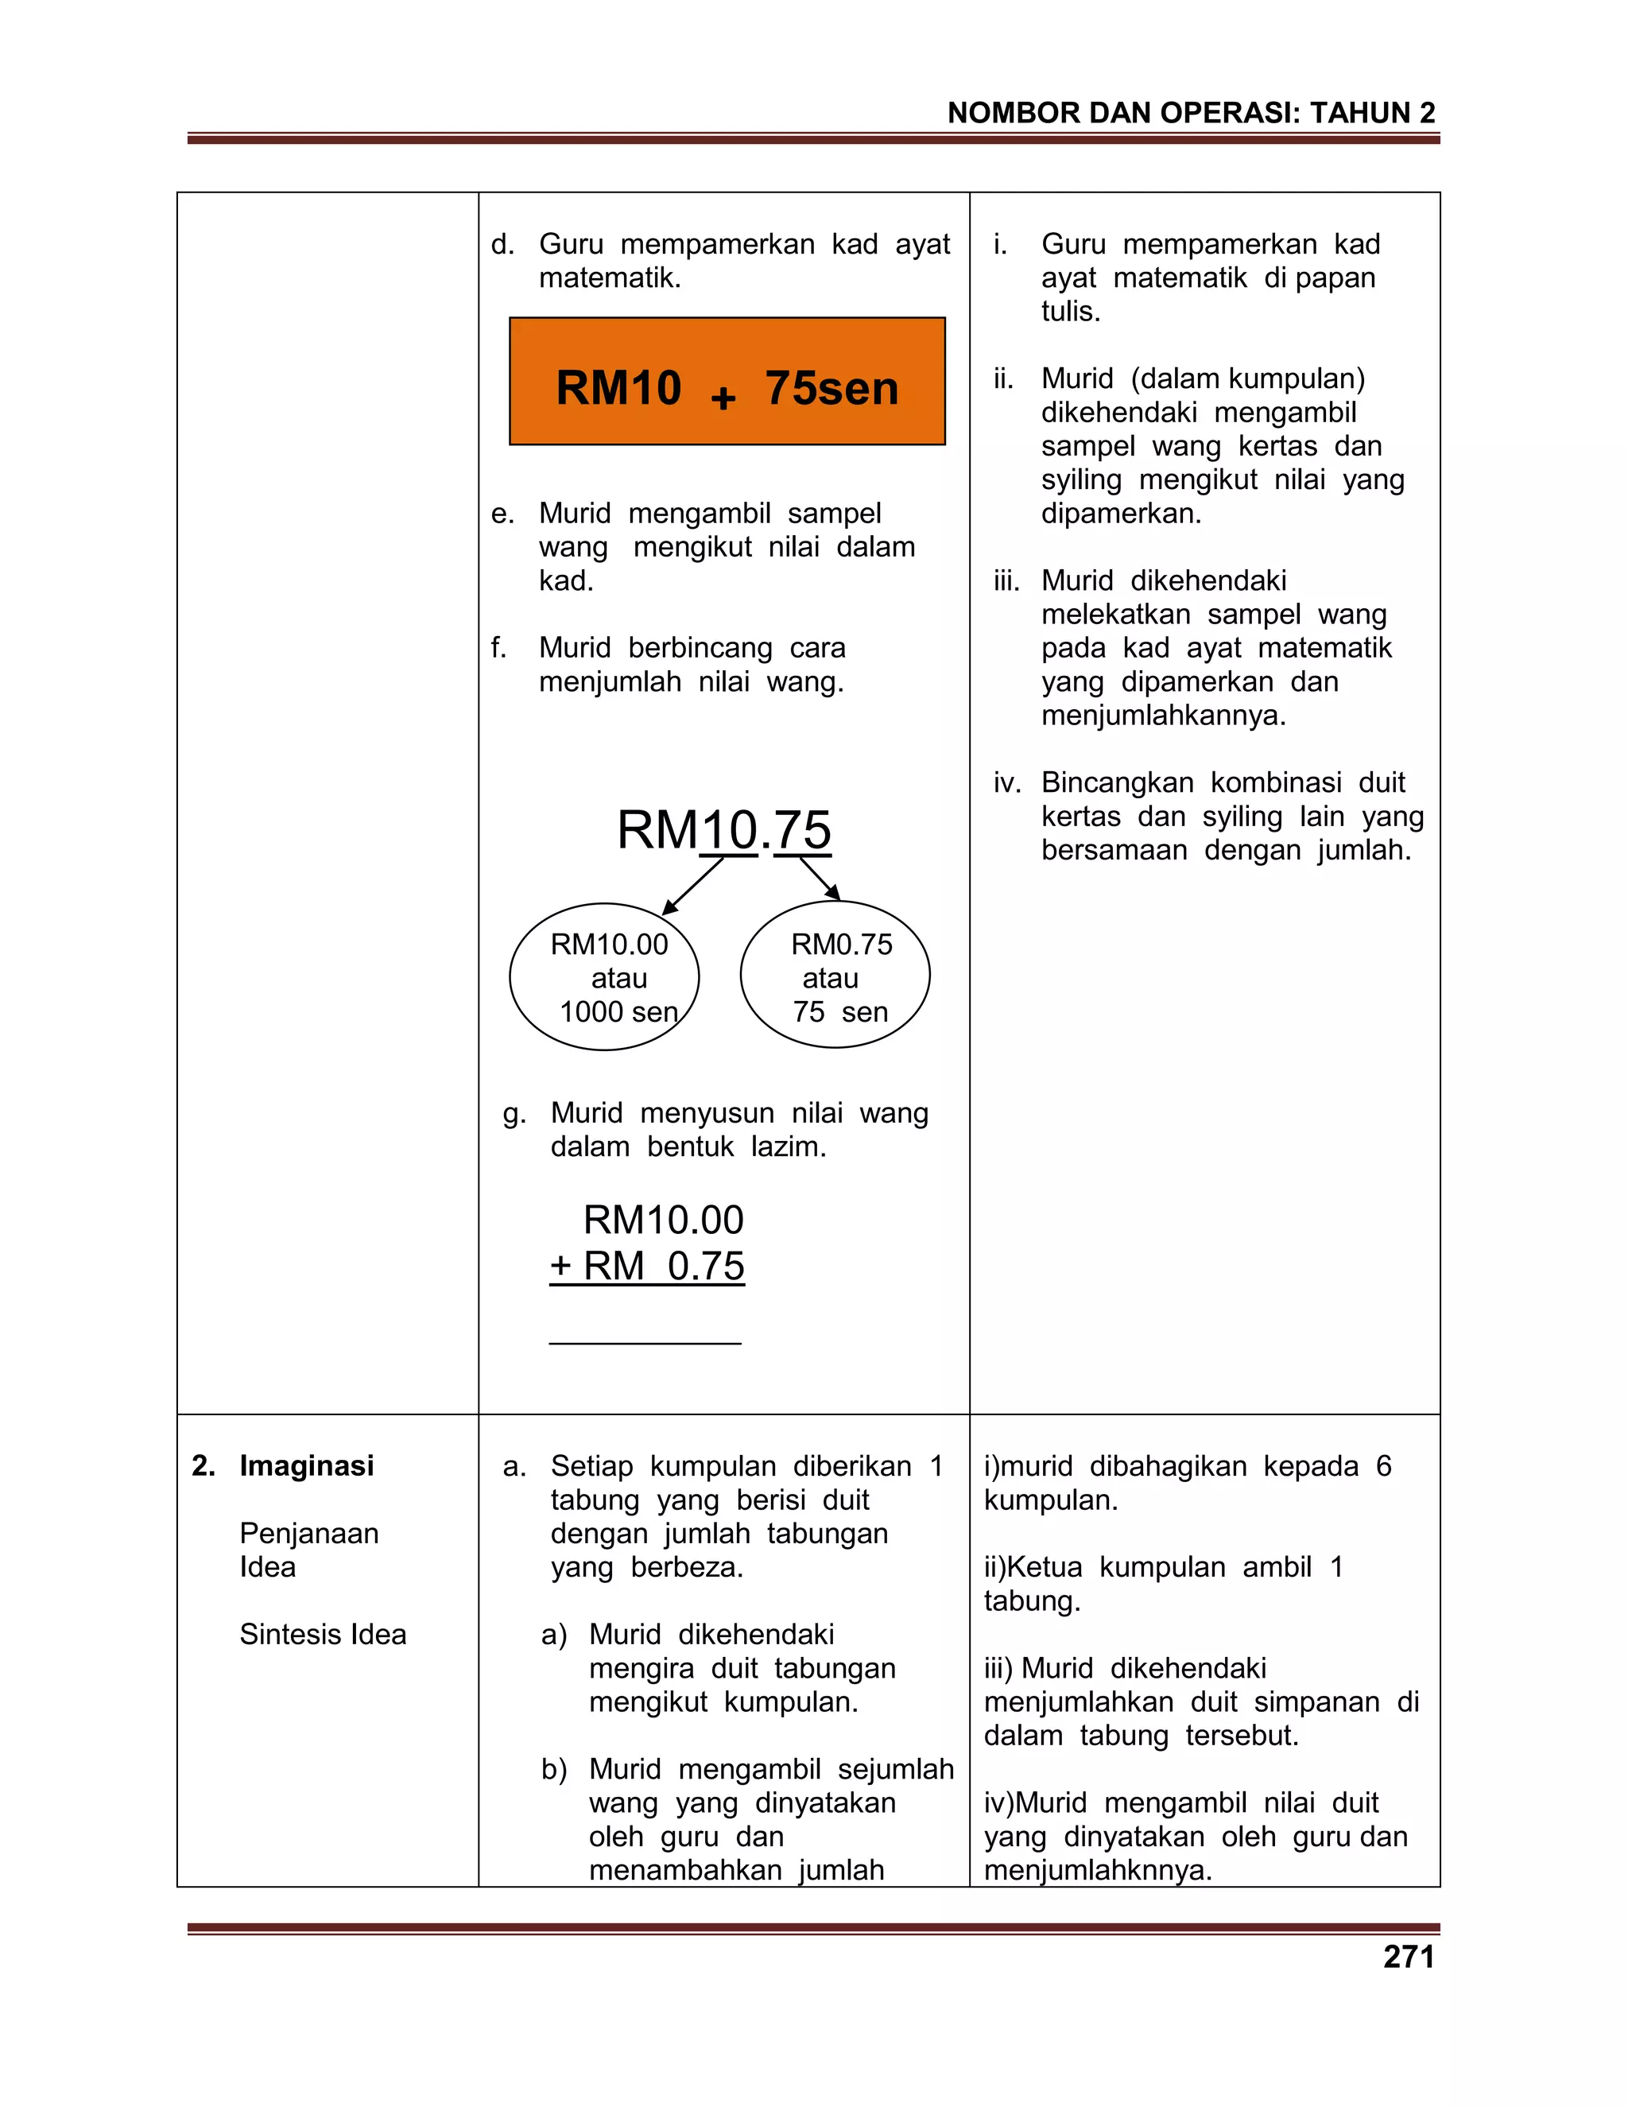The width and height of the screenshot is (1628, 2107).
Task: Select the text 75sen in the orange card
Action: coord(831,388)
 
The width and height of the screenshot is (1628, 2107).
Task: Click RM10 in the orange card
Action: coord(618,388)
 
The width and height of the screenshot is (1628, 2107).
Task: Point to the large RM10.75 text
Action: coord(723,829)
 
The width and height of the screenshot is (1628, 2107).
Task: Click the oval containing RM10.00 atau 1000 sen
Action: coord(604,976)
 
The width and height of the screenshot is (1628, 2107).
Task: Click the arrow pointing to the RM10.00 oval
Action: coord(692,886)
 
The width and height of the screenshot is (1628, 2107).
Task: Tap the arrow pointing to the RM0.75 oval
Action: coord(820,878)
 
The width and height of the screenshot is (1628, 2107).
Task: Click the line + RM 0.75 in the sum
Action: coord(647,1266)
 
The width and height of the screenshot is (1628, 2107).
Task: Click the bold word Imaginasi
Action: coord(306,1465)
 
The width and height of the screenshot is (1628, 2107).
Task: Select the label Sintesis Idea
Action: coord(322,1634)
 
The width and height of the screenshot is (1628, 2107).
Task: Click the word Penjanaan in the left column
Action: coord(308,1533)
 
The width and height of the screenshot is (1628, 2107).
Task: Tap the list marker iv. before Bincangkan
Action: coord(1006,782)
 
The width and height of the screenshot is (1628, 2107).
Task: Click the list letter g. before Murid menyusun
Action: coord(514,1113)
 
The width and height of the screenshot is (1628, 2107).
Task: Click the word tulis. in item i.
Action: coord(1071,312)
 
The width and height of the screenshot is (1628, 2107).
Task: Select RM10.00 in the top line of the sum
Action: coord(664,1220)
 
